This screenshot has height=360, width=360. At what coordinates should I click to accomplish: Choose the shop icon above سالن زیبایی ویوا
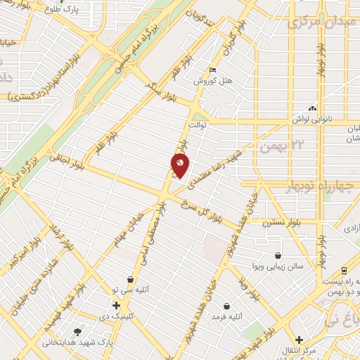pos(280,256)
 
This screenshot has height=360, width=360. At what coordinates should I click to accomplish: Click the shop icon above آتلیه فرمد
pos(226,306)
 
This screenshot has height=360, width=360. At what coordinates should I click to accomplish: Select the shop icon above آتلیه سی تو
pos(130,279)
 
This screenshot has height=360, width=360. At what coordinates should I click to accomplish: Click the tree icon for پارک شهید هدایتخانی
pos(77,331)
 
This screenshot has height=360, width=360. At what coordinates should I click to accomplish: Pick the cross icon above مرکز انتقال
pos(300,339)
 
